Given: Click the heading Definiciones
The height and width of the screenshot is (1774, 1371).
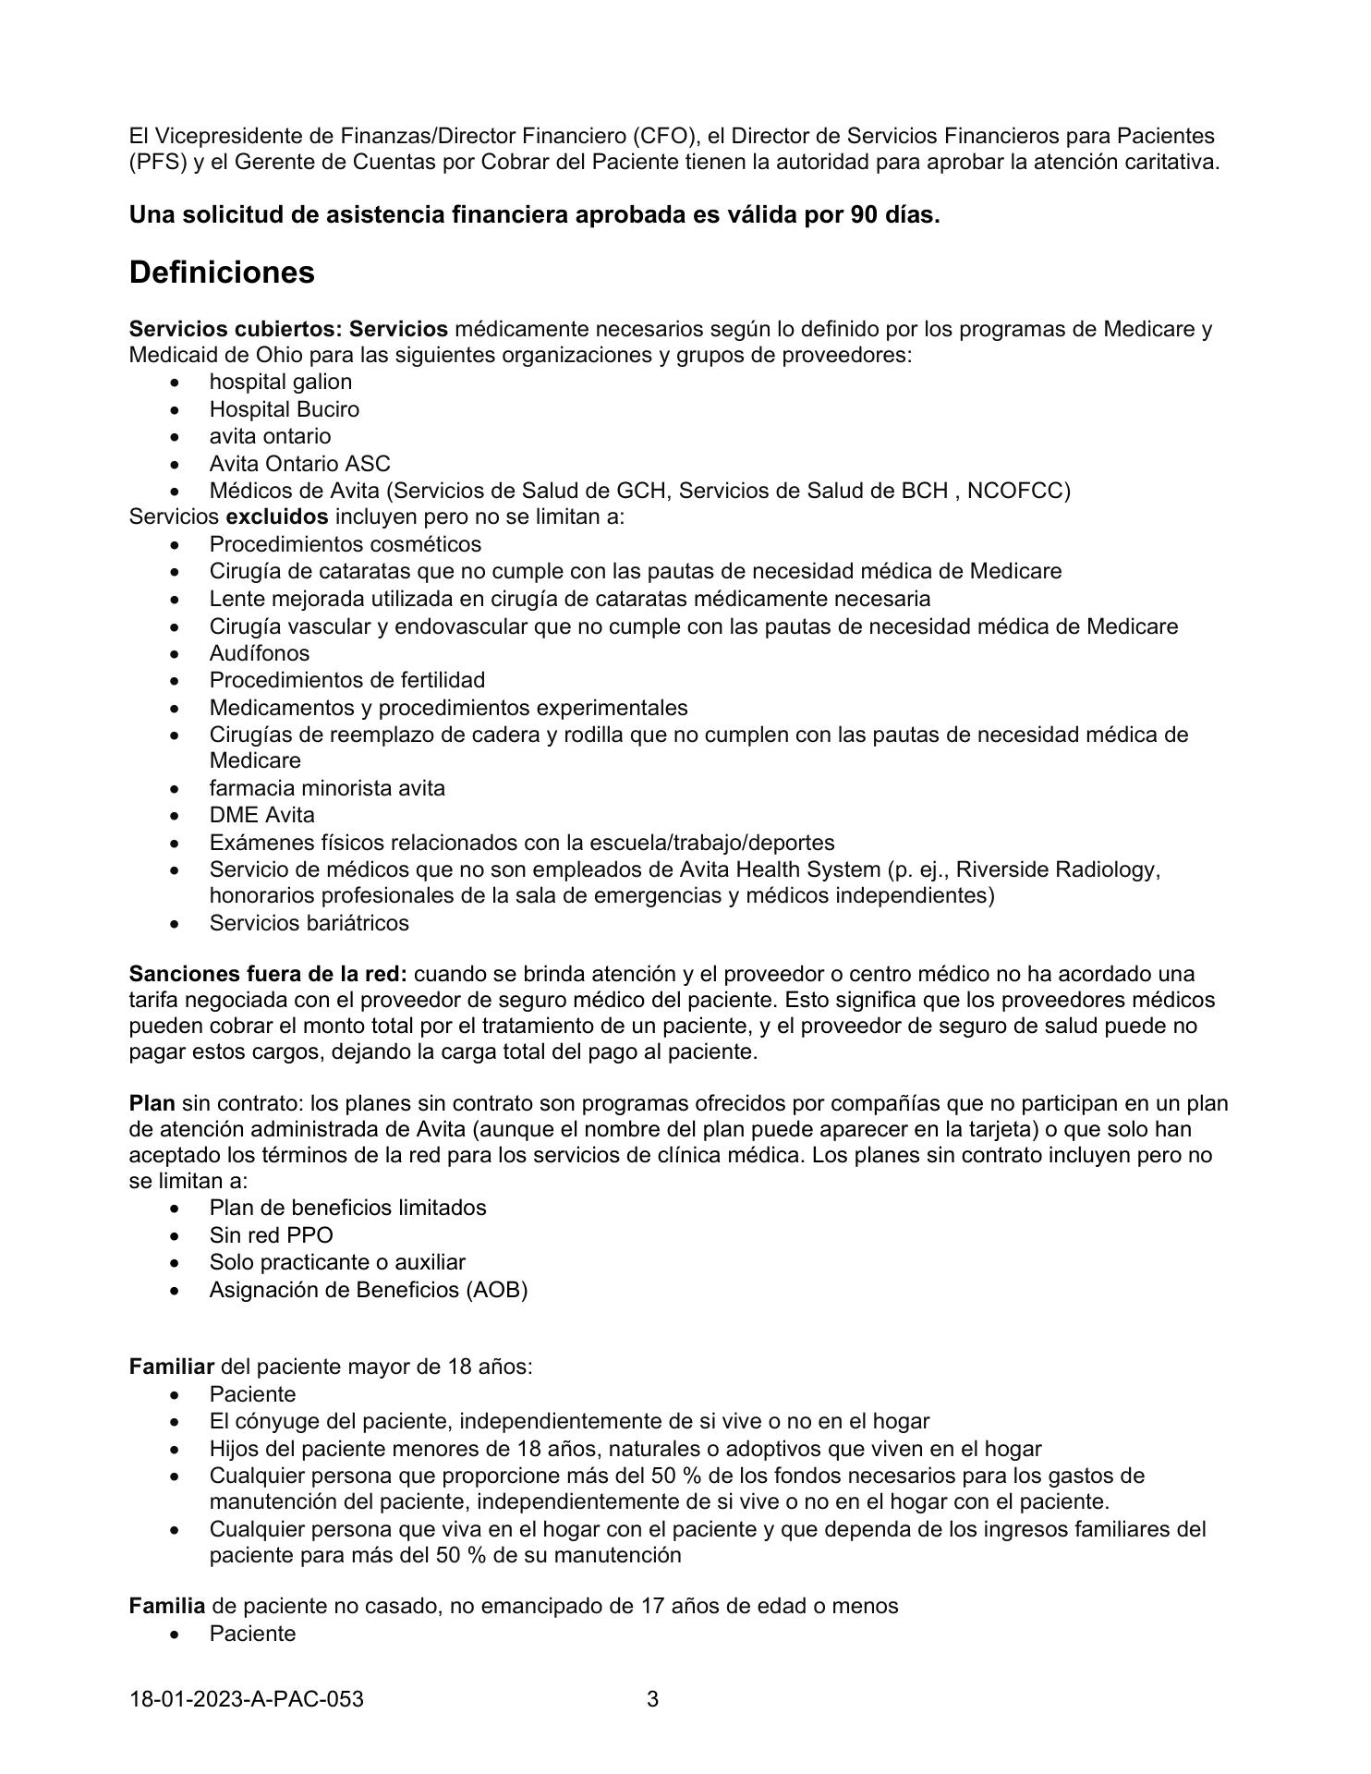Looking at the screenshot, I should (x=222, y=273).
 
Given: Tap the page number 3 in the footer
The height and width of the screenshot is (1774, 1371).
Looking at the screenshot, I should (x=652, y=1698).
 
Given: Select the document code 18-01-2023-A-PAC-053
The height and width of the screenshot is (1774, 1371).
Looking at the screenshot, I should (x=247, y=1698).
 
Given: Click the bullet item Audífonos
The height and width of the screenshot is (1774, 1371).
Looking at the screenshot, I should (x=259, y=653).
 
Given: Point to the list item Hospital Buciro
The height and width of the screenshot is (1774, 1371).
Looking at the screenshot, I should (x=284, y=409).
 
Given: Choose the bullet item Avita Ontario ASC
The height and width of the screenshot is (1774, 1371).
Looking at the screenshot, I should (x=299, y=464).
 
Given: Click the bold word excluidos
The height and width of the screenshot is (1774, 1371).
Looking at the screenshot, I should (x=277, y=516).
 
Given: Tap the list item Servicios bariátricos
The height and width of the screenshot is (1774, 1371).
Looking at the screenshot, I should (x=309, y=923).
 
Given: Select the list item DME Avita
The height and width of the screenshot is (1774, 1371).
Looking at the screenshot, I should (x=261, y=815).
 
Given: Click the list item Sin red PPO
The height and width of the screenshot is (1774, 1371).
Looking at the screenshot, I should (x=271, y=1235).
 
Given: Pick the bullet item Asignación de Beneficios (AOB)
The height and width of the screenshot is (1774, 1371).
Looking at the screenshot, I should (x=368, y=1290).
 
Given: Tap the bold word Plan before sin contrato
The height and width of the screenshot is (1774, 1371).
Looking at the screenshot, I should (x=152, y=1103).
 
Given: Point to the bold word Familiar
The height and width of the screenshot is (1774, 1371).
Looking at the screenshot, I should (x=172, y=1367).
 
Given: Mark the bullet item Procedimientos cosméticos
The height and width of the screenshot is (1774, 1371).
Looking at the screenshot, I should (x=345, y=544).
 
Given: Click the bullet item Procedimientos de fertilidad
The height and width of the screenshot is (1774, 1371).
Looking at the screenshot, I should (x=346, y=680).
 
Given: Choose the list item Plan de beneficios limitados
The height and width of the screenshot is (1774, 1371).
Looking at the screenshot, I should (x=347, y=1208).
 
